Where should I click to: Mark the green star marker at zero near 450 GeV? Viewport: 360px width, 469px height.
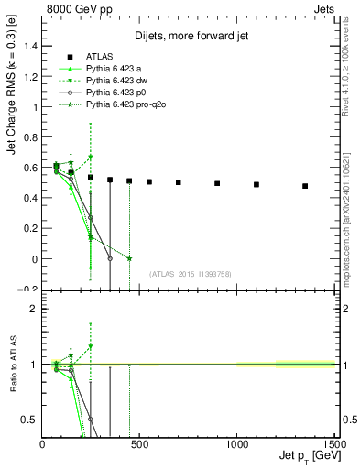129,259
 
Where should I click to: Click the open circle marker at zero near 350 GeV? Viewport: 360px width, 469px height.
110,259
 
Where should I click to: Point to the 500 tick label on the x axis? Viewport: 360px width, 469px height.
139,444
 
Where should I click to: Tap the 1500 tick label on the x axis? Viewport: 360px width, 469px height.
333,444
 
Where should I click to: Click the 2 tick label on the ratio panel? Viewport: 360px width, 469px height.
35,309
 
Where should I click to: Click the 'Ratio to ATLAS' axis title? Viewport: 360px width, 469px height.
13,366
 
